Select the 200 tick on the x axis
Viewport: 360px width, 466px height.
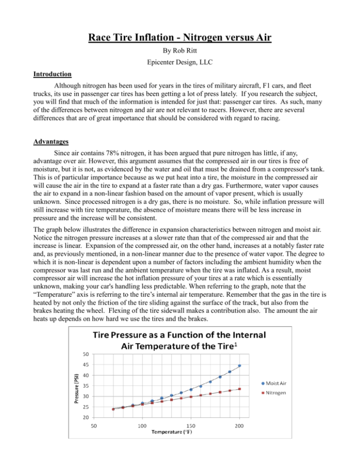(x=240, y=425)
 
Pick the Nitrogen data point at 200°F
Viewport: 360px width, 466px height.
(x=240, y=389)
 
